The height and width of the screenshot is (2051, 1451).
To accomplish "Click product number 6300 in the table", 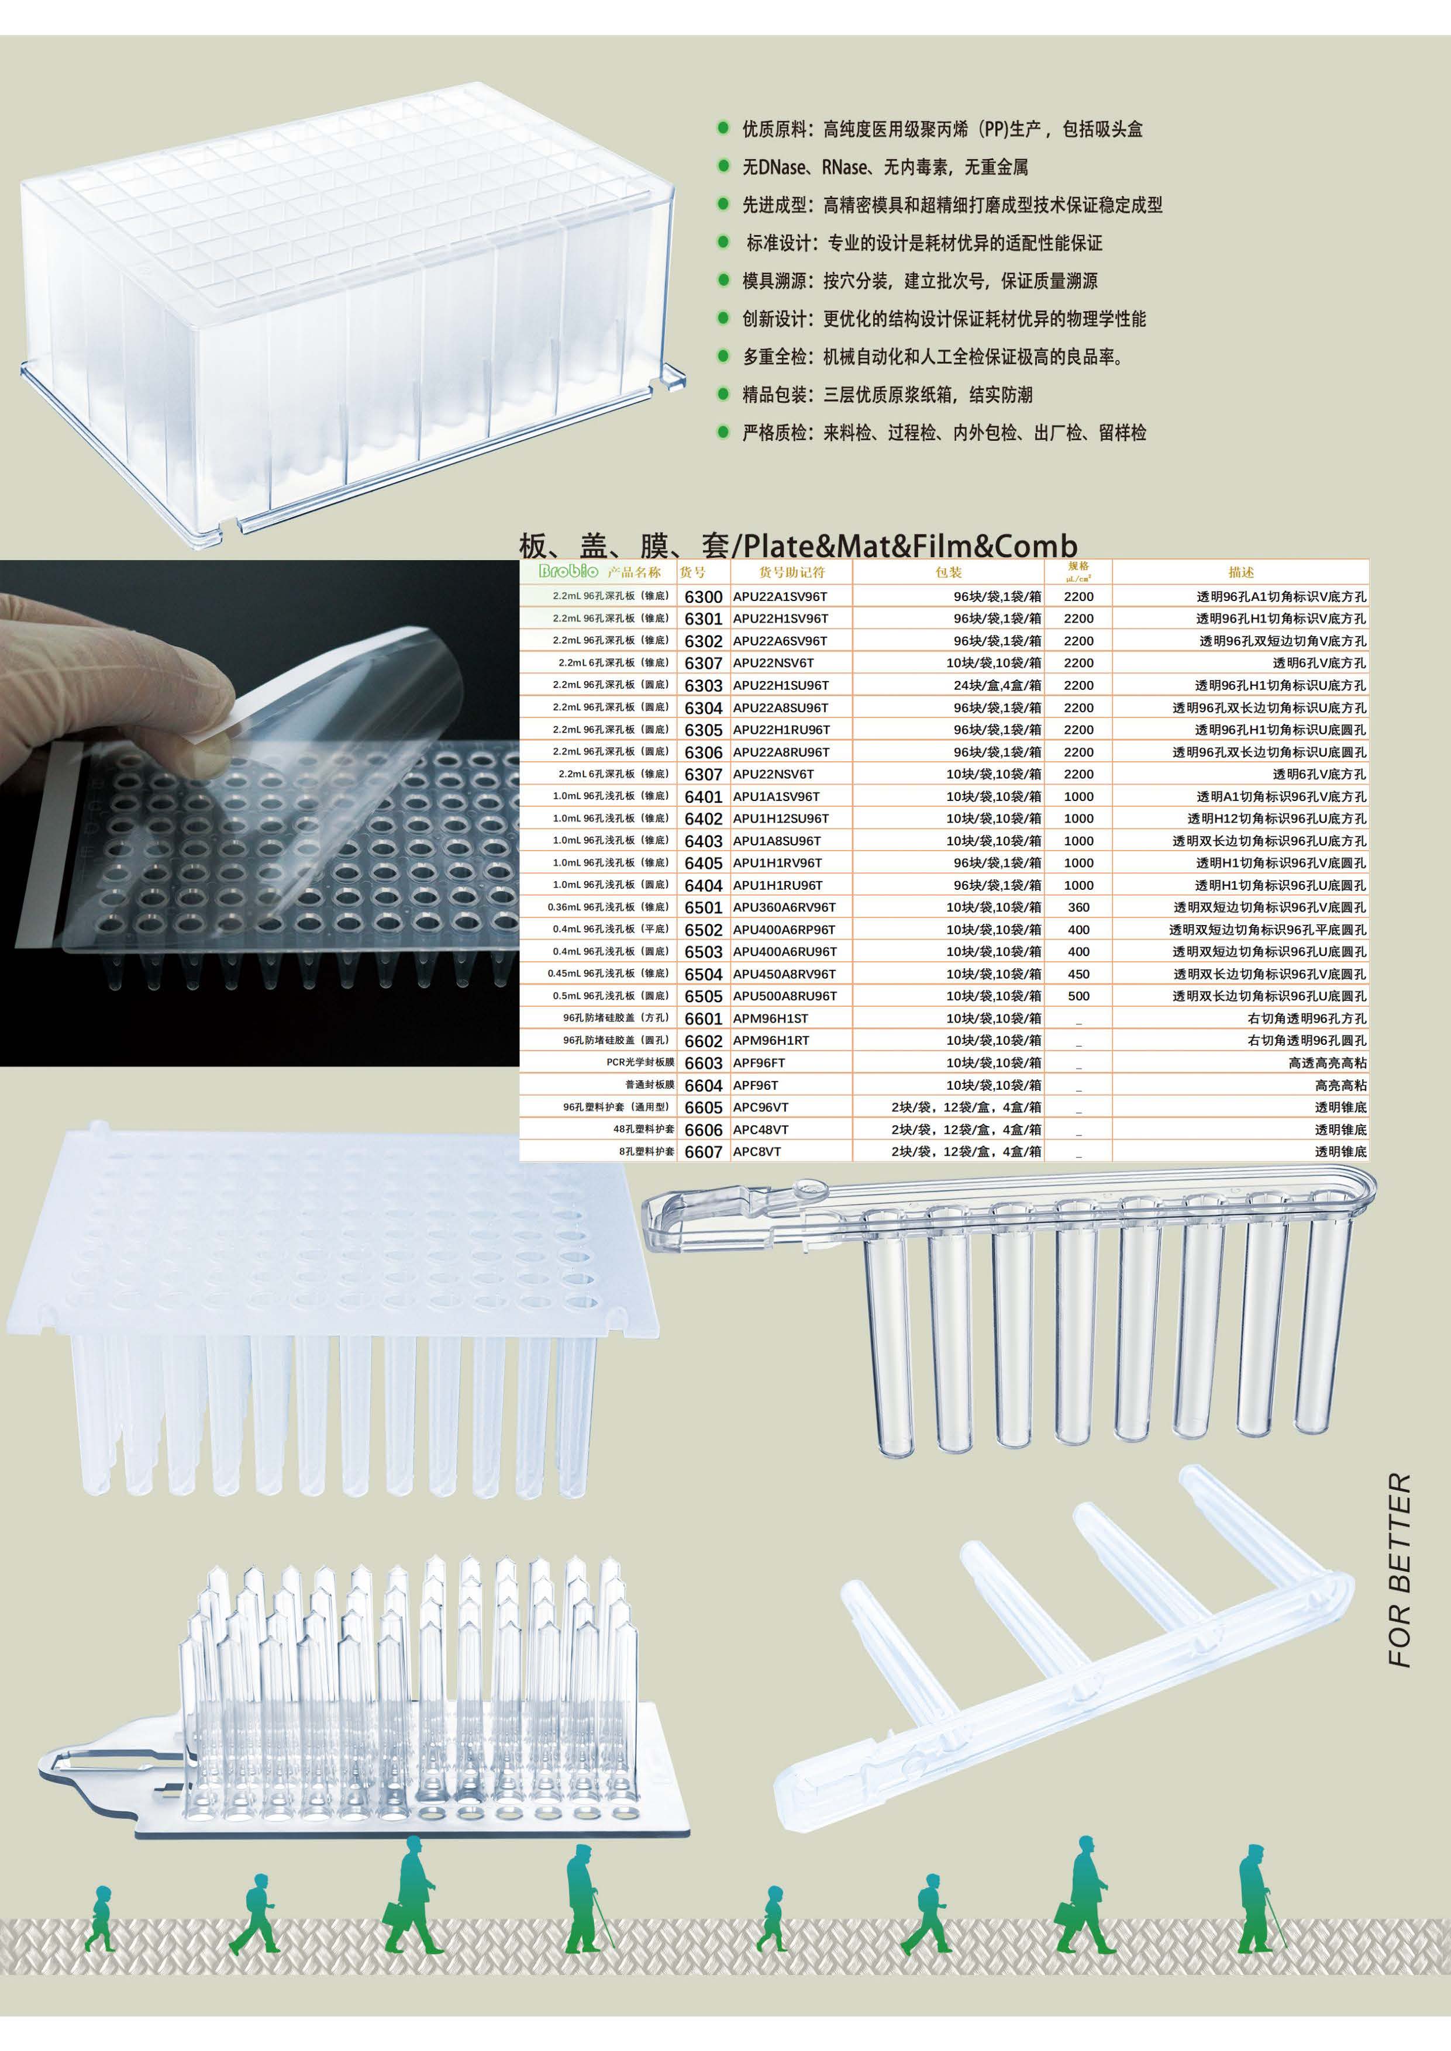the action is click(x=703, y=597).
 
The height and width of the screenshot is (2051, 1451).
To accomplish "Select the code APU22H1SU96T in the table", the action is click(x=781, y=685).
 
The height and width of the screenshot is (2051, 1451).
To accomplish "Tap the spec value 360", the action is click(x=1078, y=907).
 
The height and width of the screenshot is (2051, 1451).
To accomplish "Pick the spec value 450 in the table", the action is click(x=1078, y=973).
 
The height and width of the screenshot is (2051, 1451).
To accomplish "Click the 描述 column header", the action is click(x=1240, y=572).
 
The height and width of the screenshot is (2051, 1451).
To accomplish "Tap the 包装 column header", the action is click(x=948, y=572).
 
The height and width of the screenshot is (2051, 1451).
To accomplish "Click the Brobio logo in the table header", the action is click(x=569, y=572).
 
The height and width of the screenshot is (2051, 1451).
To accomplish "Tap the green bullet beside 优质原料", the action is click(x=723, y=129).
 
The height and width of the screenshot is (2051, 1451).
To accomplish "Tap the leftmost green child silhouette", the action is click(x=100, y=1919).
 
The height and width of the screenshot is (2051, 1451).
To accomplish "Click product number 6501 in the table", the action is click(x=703, y=907).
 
